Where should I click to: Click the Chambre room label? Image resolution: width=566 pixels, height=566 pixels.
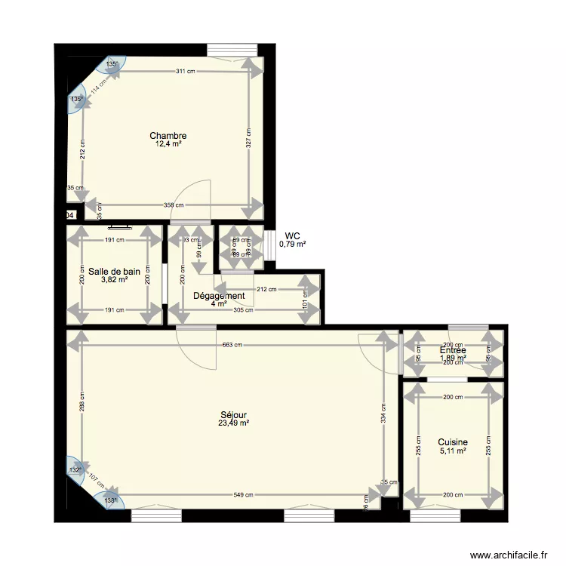tap(168, 136)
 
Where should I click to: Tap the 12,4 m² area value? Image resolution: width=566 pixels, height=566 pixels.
tap(168, 144)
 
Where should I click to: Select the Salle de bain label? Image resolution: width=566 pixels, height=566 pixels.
tap(114, 271)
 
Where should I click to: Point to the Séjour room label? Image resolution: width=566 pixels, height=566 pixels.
tap(233, 415)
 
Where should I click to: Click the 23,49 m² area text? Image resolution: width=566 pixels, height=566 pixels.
tap(233, 423)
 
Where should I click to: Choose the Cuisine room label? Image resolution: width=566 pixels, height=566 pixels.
tap(453, 442)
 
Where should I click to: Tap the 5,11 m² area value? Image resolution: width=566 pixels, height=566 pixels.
tap(453, 451)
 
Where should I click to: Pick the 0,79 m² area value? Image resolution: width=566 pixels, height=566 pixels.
tap(293, 244)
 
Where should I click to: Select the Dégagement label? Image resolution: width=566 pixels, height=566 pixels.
tap(219, 296)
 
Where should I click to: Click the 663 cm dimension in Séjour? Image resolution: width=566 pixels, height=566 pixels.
tap(232, 345)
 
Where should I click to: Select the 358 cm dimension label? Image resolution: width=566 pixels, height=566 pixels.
tap(174, 205)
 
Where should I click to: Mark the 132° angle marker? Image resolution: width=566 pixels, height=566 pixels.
tap(75, 470)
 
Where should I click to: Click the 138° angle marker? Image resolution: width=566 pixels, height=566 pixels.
tap(111, 500)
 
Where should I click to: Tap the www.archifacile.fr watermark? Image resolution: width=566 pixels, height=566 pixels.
tap(509, 555)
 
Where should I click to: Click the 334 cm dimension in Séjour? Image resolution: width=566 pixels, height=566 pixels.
tap(384, 413)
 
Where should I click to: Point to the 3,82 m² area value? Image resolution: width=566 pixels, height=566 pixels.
tap(114, 279)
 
